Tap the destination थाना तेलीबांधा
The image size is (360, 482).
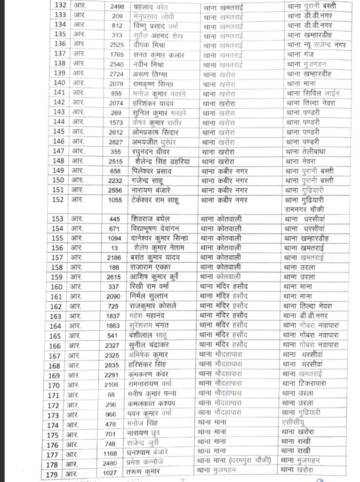(308, 151)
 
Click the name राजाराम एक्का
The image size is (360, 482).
(150, 267)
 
